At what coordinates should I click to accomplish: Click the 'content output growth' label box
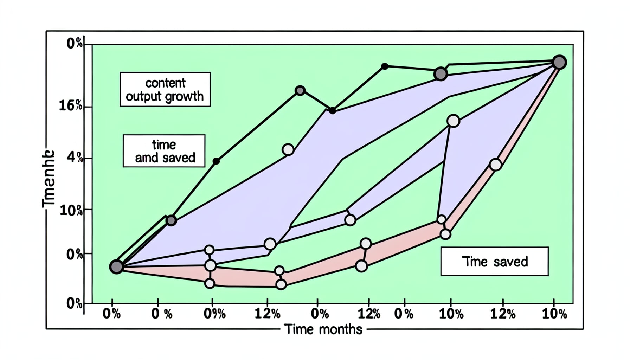point(165,89)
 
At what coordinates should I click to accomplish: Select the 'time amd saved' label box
point(164,151)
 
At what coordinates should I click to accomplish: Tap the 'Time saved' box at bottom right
point(494,261)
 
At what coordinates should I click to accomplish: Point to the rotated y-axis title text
point(49,179)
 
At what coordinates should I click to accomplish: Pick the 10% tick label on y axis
point(71,211)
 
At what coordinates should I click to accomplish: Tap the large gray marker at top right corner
point(559,62)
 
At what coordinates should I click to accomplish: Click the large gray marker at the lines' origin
point(116,267)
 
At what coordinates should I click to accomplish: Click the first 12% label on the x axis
point(267,314)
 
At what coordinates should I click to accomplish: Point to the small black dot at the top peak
point(385,66)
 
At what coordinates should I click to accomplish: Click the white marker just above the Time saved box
point(445,234)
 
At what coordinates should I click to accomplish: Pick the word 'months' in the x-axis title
point(341,329)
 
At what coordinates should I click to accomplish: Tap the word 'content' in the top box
point(165,83)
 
